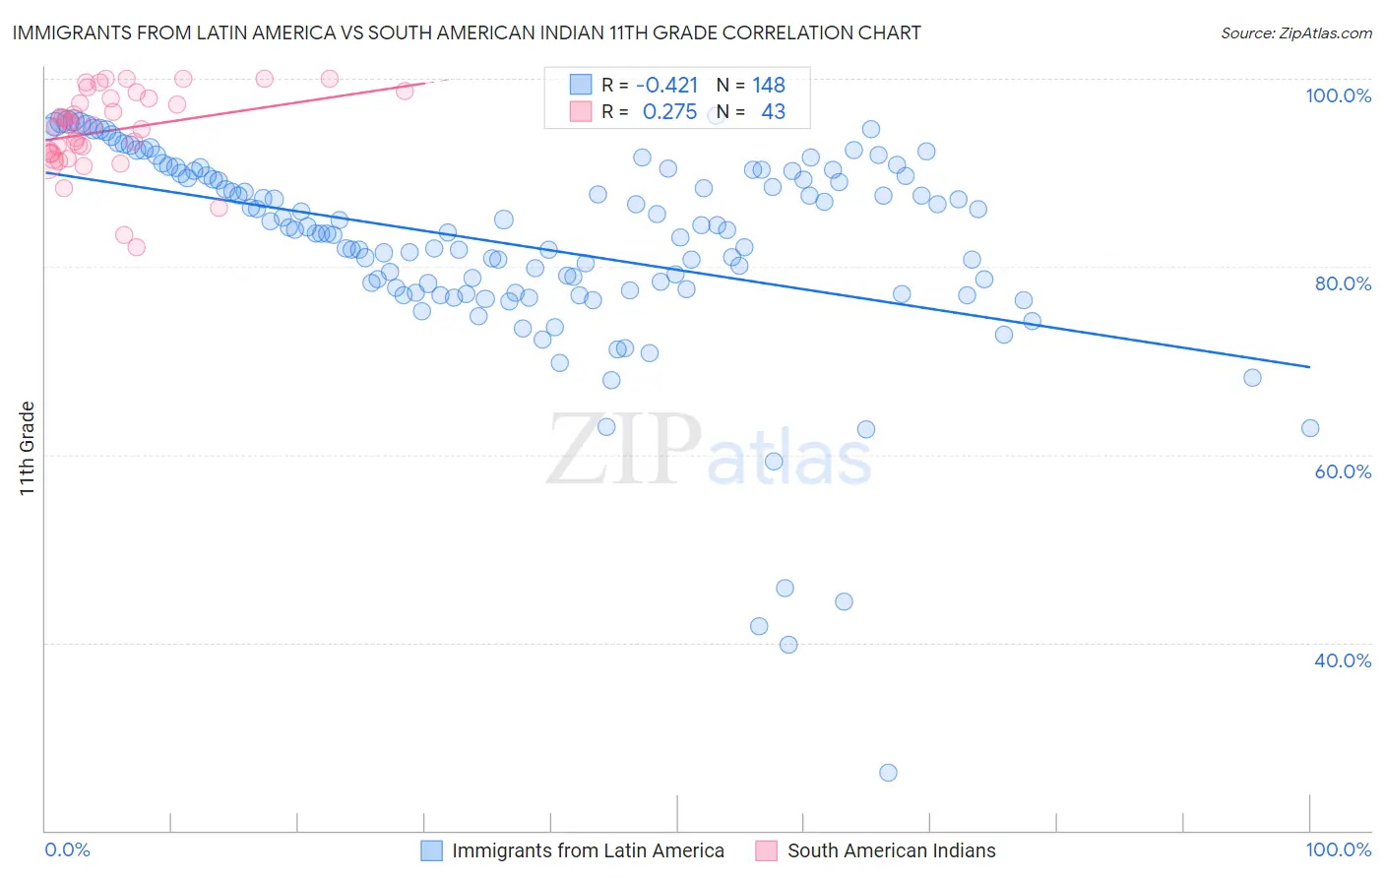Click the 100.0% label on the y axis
pos(1338,95)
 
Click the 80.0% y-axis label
pos(1343,283)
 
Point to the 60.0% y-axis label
pos(1343,471)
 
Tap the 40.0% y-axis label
pos(1343,660)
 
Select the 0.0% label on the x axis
pos(68,850)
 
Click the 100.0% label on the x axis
pos(1338,850)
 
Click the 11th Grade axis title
pos(27,448)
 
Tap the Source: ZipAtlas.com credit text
pos(1295,33)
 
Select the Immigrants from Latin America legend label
pos(588,850)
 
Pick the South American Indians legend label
pos(891,850)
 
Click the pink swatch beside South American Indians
pos(766,850)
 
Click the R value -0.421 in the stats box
pos(666,86)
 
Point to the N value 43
pos(773,112)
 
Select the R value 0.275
pos(669,112)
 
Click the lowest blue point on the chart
pos(888,773)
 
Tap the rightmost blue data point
pos(1310,428)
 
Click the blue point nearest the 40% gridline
pos(788,645)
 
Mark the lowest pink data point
pos(137,247)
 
